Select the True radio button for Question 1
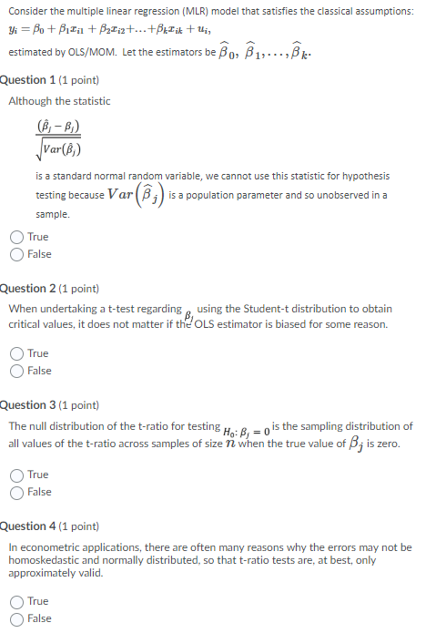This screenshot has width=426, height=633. (x=17, y=237)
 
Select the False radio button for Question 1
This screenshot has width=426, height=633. (x=17, y=254)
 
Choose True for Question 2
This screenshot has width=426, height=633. (x=17, y=353)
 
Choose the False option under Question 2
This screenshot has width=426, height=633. (x=17, y=371)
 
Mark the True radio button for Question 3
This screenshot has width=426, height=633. (x=17, y=475)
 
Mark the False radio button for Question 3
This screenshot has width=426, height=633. (x=17, y=492)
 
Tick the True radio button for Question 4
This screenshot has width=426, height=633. (x=17, y=601)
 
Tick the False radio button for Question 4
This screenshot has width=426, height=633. (x=17, y=618)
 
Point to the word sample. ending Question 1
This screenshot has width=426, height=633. (x=52, y=214)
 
